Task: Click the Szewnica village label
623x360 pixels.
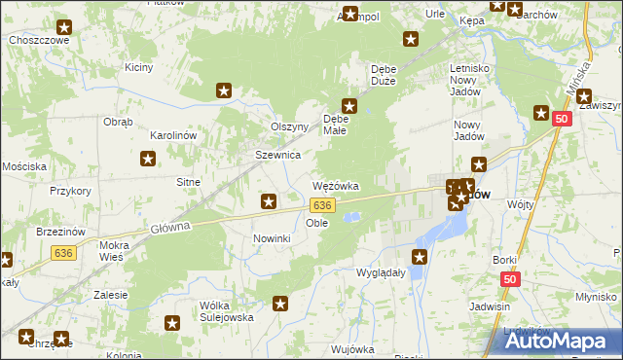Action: click(x=277, y=155)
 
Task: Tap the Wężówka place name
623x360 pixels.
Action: click(x=336, y=185)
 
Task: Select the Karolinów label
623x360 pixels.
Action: click(x=173, y=135)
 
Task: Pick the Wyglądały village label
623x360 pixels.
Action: click(x=381, y=272)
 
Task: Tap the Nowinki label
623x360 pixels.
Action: click(x=272, y=238)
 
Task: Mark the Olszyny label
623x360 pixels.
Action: click(x=289, y=126)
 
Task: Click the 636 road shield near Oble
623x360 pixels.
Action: click(x=324, y=205)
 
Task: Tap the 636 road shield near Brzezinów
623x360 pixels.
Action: click(x=63, y=253)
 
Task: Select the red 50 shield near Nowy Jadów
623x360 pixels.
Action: click(x=561, y=119)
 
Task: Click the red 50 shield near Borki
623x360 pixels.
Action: click(x=510, y=278)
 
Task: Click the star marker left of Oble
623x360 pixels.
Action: click(x=269, y=201)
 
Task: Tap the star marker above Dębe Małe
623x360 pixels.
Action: click(x=349, y=106)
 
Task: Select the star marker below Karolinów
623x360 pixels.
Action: click(x=149, y=160)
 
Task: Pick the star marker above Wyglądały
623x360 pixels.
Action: click(x=420, y=257)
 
